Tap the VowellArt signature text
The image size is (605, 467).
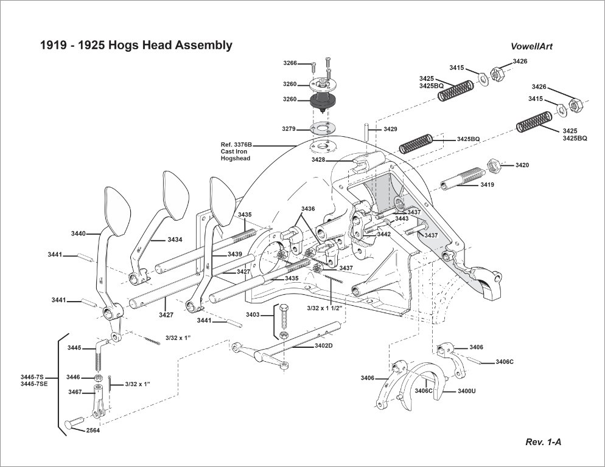[x=531, y=46]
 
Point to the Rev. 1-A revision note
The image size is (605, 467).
[x=543, y=442]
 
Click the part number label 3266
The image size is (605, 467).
[x=290, y=64]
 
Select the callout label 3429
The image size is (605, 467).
[x=390, y=130]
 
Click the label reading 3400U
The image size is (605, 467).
[x=466, y=390]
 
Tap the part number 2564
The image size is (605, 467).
[x=93, y=431]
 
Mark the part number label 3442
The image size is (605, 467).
[x=383, y=234]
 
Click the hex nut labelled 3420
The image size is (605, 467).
[x=495, y=165]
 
